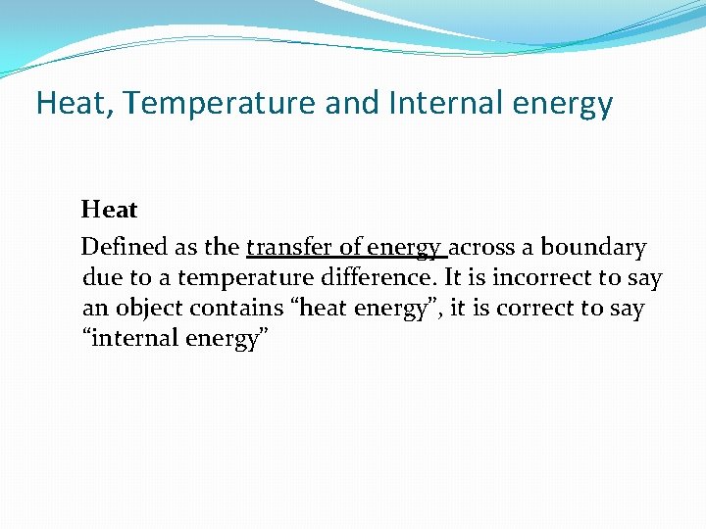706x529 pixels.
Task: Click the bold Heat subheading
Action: pos(109,210)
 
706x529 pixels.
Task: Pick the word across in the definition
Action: pos(485,248)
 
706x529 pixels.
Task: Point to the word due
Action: pos(99,278)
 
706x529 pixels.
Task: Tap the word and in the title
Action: pos(351,103)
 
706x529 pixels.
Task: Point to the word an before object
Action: pos(95,309)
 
